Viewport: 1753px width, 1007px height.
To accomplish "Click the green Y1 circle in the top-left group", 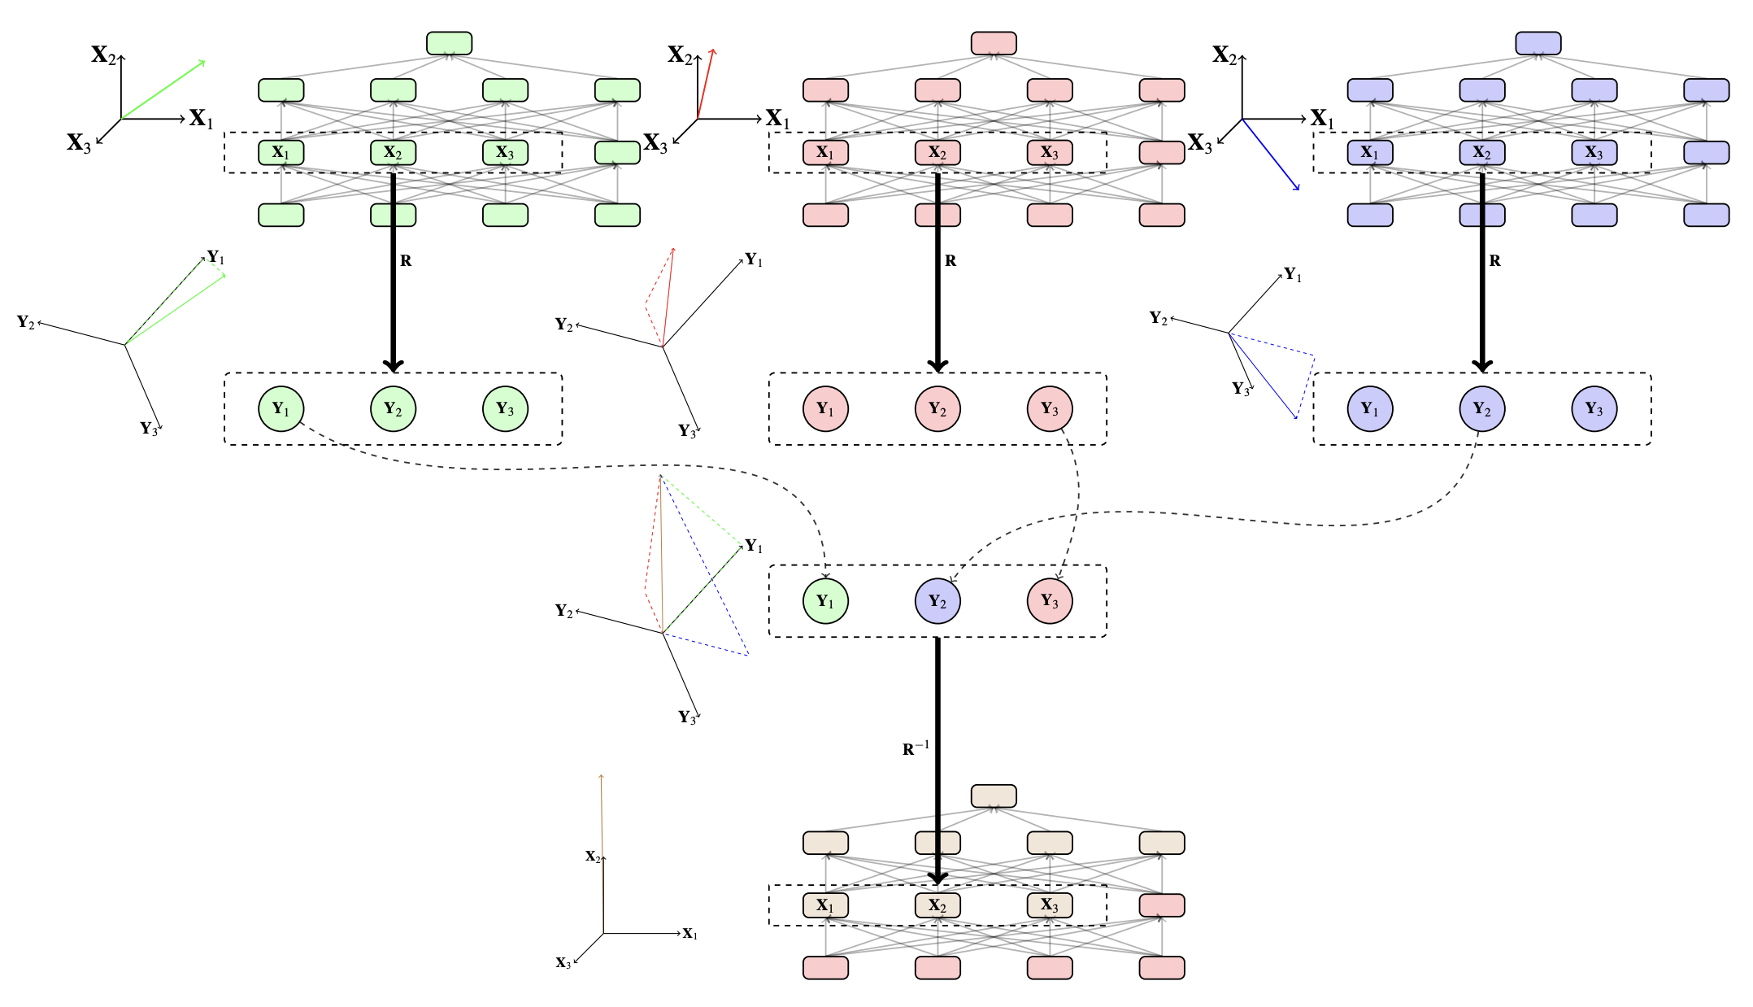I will click(x=281, y=408).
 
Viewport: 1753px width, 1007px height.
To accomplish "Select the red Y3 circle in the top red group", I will click(x=1049, y=408).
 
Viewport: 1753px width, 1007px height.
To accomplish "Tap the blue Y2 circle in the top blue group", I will click(x=1481, y=408).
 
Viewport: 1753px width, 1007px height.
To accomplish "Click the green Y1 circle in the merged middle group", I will click(x=824, y=601).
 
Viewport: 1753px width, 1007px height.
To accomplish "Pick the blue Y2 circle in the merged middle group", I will click(x=937, y=601).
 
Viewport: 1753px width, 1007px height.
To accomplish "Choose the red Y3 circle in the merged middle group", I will click(x=1049, y=601).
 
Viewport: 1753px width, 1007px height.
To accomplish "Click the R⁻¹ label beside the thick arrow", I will click(x=915, y=748).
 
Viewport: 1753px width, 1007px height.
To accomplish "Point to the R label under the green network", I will click(x=406, y=261).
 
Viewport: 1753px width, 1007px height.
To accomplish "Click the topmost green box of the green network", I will click(x=449, y=43).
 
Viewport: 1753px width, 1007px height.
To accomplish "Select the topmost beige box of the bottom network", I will click(x=993, y=796).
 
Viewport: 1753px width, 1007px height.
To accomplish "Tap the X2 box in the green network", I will click(x=393, y=152).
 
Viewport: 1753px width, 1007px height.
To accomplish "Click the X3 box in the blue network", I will click(x=1594, y=152).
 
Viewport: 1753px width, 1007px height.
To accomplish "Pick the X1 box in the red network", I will click(x=824, y=152).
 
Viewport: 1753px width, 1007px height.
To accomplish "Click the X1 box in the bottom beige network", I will click(x=824, y=905).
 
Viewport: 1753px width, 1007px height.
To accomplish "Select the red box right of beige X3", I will click(x=1161, y=905).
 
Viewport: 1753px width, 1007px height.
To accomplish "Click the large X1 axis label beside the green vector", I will click(x=201, y=120).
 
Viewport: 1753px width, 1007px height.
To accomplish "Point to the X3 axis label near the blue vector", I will click(x=1199, y=144).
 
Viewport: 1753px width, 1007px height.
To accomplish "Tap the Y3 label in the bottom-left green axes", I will click(x=149, y=429).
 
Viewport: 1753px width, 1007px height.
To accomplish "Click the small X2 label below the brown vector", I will click(x=593, y=857).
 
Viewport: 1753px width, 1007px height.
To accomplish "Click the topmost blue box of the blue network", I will click(x=1538, y=43).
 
